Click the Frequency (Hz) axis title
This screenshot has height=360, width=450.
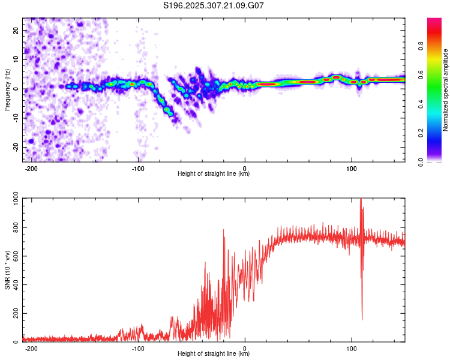(x=7, y=90)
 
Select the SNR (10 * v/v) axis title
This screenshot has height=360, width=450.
(x=7, y=270)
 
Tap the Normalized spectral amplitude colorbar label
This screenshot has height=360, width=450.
(x=445, y=90)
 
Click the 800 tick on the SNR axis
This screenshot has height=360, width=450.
(x=14, y=228)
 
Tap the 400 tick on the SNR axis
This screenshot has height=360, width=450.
(x=14, y=285)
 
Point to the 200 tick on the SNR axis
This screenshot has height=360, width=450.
(x=14, y=314)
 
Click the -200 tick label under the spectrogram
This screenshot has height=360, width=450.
(x=32, y=169)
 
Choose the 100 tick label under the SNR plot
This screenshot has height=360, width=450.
(x=352, y=349)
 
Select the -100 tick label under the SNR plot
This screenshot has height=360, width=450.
(x=139, y=349)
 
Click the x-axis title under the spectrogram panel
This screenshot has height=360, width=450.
(x=214, y=174)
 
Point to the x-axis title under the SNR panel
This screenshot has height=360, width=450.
(x=214, y=354)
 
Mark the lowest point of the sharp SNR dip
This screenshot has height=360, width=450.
(x=362, y=320)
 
